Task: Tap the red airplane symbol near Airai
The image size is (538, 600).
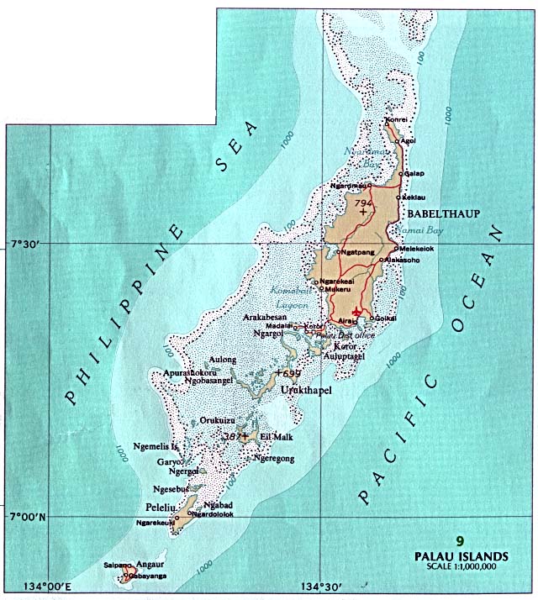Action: (358, 313)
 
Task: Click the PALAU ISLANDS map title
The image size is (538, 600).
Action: (460, 555)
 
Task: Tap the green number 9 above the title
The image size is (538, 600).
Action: (459, 541)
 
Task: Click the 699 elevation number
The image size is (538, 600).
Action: (292, 373)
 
